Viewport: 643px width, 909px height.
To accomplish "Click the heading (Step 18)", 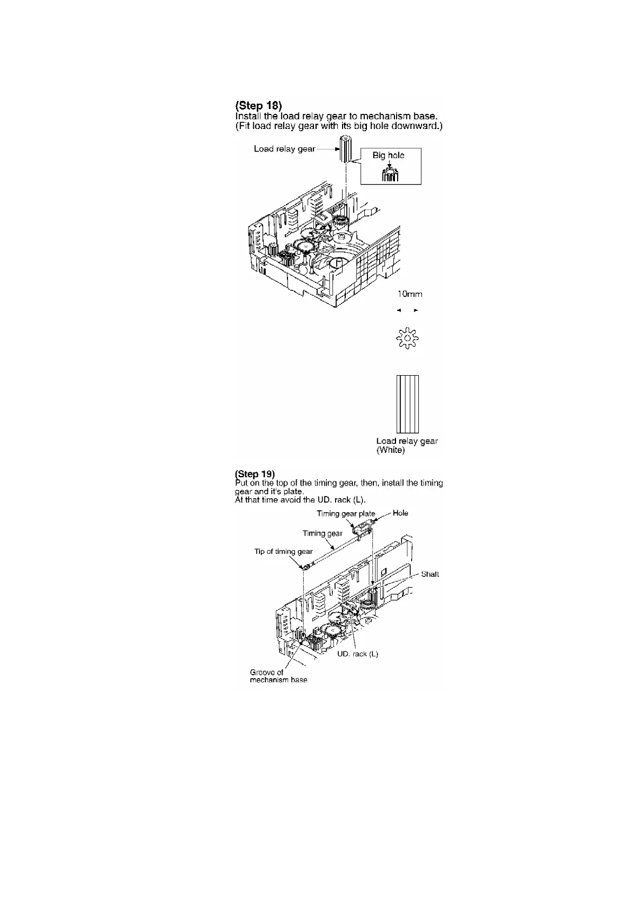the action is (x=259, y=105).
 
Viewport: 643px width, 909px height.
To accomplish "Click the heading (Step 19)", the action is (x=255, y=474).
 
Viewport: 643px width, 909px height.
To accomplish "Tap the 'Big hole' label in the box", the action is (x=389, y=155).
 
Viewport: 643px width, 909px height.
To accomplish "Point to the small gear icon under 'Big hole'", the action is (x=390, y=175).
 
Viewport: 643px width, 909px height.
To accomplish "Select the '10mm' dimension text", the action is (x=410, y=294).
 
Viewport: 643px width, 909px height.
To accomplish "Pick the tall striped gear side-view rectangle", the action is (x=407, y=404).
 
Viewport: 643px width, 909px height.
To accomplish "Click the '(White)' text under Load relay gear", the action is (x=391, y=450).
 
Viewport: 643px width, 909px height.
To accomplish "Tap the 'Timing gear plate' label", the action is (x=346, y=514).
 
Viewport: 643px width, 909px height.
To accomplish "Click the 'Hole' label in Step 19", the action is (x=400, y=513).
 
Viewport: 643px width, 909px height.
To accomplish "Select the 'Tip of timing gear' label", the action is (x=284, y=552).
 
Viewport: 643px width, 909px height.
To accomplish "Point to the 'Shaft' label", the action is (x=430, y=574).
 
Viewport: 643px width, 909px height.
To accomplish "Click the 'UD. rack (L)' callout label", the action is (x=358, y=654).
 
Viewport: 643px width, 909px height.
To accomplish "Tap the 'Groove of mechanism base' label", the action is (x=278, y=676).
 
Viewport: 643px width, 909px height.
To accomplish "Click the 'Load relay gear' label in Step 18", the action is (x=285, y=149).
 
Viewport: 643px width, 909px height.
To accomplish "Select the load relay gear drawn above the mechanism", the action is (x=345, y=149).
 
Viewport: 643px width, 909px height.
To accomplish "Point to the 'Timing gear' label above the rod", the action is (x=323, y=533).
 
